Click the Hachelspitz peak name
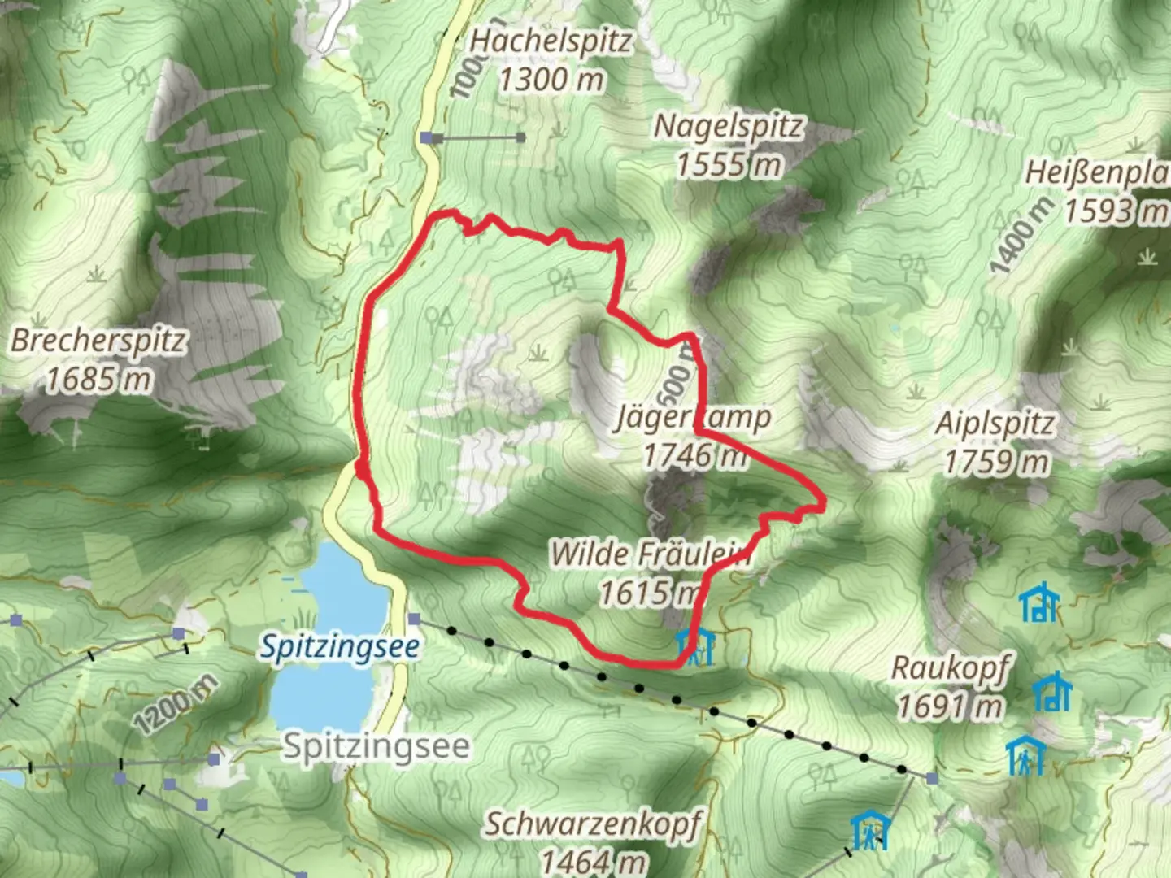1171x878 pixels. pyautogui.click(x=551, y=41)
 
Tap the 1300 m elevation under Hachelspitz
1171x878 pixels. pyautogui.click(x=551, y=80)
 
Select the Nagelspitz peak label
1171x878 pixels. pyautogui.click(x=729, y=126)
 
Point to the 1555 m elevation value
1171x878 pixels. pyautogui.click(x=729, y=165)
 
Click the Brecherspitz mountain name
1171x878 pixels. pyautogui.click(x=98, y=340)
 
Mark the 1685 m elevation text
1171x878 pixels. pyautogui.click(x=98, y=379)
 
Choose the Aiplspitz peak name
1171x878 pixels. pyautogui.click(x=995, y=424)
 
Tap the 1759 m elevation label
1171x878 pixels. pyautogui.click(x=996, y=463)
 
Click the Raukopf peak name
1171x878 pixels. pyautogui.click(x=950, y=667)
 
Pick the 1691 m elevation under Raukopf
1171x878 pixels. pyautogui.click(x=949, y=706)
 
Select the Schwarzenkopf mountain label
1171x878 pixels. pyautogui.click(x=593, y=824)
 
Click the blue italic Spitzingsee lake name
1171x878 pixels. pyautogui.click(x=340, y=647)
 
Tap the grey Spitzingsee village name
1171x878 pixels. pyautogui.click(x=376, y=745)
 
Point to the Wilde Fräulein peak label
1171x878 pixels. pyautogui.click(x=649, y=554)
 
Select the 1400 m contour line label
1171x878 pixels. pyautogui.click(x=1021, y=235)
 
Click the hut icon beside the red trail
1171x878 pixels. pyautogui.click(x=696, y=647)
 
